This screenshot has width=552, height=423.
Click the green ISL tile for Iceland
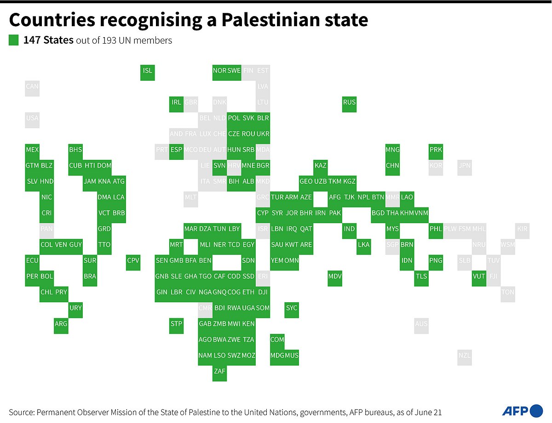coord(147,71)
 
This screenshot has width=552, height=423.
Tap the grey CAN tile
coord(32,86)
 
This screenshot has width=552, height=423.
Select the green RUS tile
coord(349,102)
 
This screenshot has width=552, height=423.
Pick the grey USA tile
coord(32,118)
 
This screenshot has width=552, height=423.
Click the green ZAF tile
coord(219,372)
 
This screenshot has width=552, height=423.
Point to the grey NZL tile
coord(465,355)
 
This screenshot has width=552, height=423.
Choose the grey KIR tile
coord(522,229)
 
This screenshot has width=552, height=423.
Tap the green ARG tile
coord(61,324)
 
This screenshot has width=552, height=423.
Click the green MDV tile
coord(335,276)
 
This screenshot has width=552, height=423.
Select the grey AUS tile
coord(421,324)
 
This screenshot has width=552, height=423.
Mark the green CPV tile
coord(133,260)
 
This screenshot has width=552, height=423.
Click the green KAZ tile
coord(320,165)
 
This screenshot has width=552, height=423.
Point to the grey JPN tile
coord(465,165)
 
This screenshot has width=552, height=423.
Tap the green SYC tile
coord(292,308)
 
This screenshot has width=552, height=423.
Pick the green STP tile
coord(176,324)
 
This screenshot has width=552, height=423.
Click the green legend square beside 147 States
coord(14,40)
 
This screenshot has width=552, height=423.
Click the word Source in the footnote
coord(21,412)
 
